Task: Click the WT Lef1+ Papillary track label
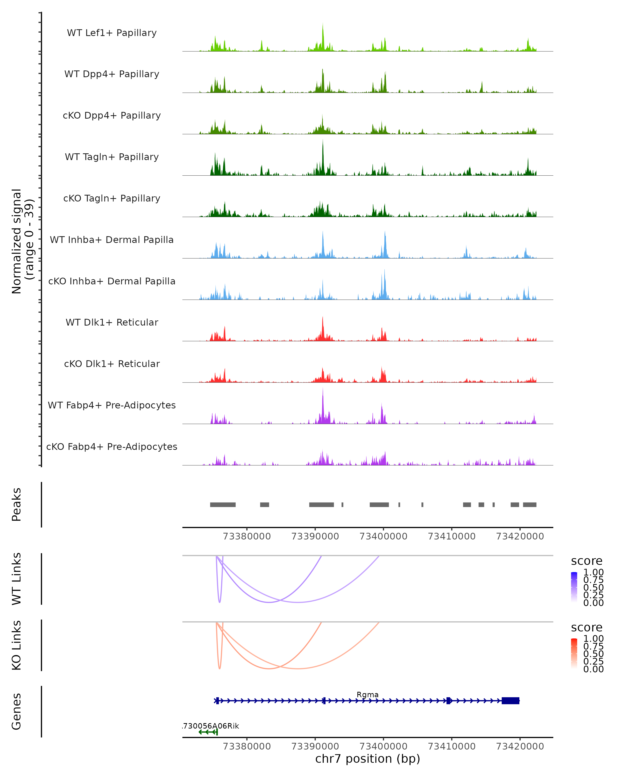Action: pyautogui.click(x=112, y=33)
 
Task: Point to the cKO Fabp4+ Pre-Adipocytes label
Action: pyautogui.click(x=112, y=447)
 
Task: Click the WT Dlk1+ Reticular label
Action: pyautogui.click(x=112, y=322)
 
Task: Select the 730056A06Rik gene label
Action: pyautogui.click(x=211, y=726)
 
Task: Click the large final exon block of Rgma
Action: pyautogui.click(x=511, y=701)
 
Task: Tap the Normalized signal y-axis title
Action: pyautogui.click(x=22, y=241)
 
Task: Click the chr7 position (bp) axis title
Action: pyautogui.click(x=367, y=759)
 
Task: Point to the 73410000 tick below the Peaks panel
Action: pyautogui.click(x=451, y=536)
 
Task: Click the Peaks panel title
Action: pyautogui.click(x=17, y=505)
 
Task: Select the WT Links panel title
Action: pyautogui.click(x=17, y=579)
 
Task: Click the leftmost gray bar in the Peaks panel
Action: pyautogui.click(x=223, y=505)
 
